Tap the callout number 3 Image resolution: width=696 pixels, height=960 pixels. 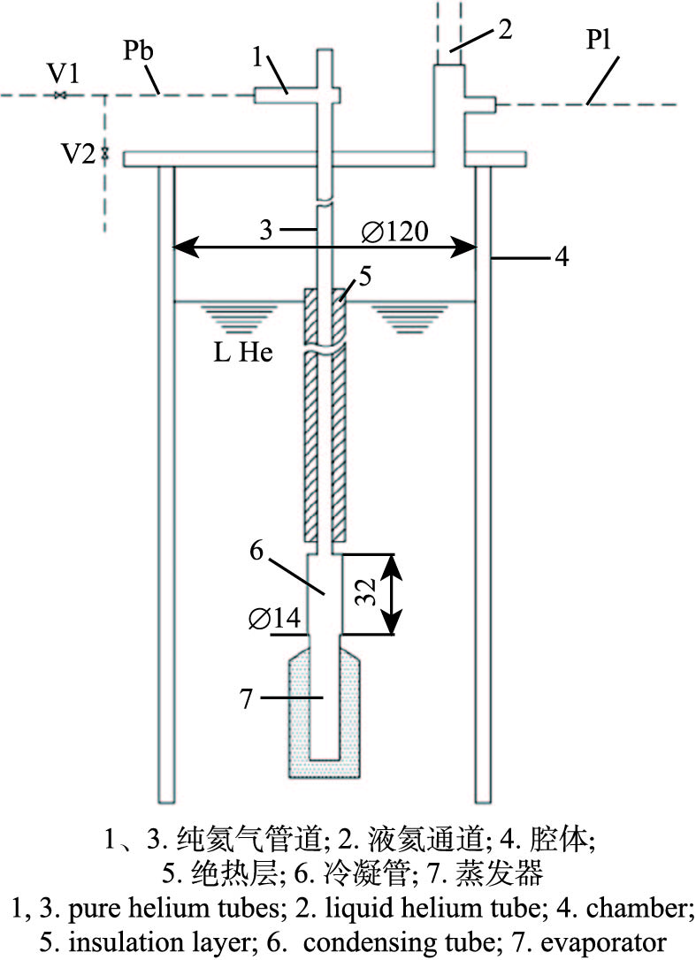[x=264, y=229]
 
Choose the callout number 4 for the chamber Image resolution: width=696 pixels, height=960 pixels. [x=562, y=258]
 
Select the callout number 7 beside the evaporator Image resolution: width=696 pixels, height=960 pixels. [x=247, y=698]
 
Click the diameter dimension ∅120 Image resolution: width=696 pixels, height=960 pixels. [x=395, y=232]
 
